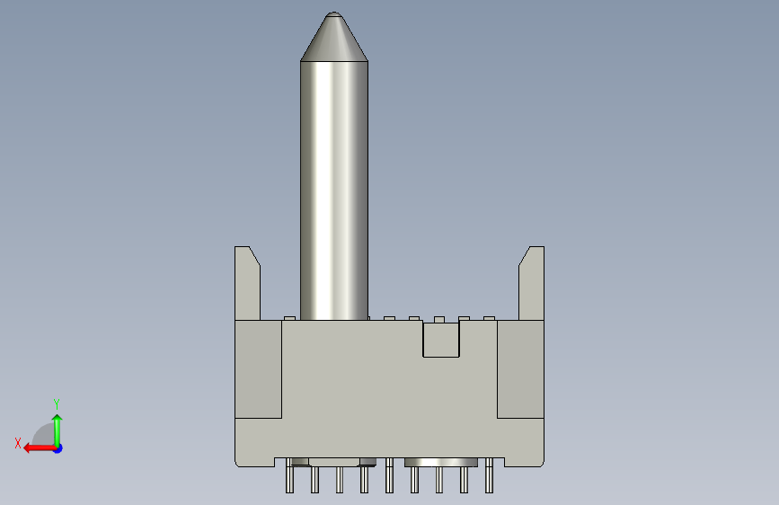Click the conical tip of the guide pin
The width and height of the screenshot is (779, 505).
(x=334, y=37)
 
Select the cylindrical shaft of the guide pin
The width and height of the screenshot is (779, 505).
(x=334, y=190)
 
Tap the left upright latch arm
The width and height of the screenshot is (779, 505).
(x=247, y=283)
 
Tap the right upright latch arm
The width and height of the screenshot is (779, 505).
(x=532, y=283)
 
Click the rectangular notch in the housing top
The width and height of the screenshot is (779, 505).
(x=441, y=339)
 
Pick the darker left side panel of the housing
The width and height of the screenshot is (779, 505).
(x=259, y=369)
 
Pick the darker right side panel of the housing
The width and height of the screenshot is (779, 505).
(x=520, y=369)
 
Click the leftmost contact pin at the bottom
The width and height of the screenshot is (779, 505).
(x=289, y=475)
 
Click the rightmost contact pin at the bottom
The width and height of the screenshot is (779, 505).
(x=489, y=475)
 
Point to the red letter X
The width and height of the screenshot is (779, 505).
(x=18, y=443)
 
